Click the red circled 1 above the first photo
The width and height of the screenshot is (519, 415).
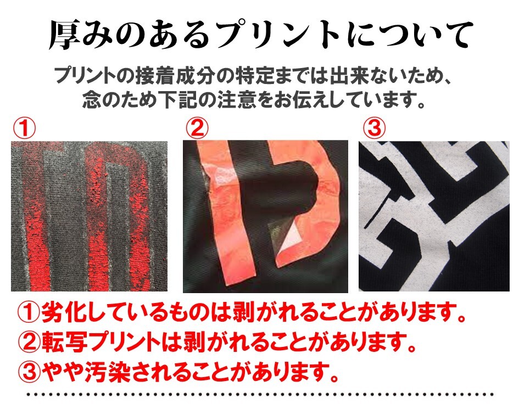click(x=24, y=129)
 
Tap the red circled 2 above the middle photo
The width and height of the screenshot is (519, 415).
click(x=197, y=128)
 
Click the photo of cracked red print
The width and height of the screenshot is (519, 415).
click(x=89, y=216)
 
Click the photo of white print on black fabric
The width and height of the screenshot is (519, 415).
click(x=434, y=216)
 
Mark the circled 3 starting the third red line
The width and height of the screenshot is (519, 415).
click(x=29, y=372)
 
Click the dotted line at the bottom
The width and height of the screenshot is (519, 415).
click(x=260, y=395)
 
